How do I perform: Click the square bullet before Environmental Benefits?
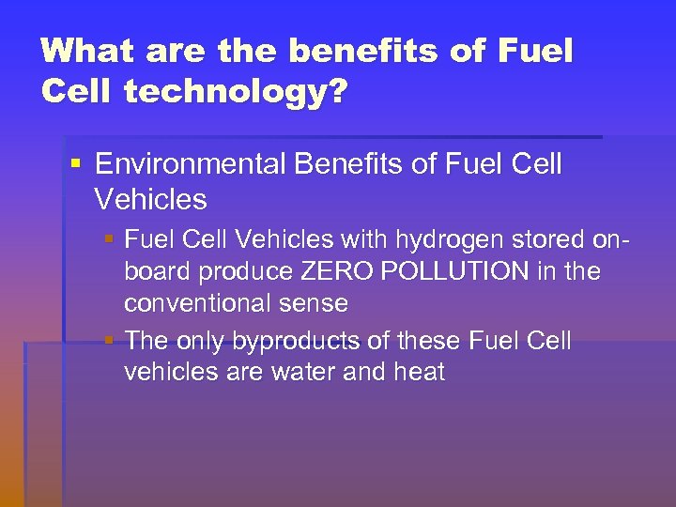click(75, 165)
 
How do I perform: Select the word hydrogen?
click(432, 240)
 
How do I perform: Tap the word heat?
click(418, 372)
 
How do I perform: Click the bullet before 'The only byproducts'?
click(111, 340)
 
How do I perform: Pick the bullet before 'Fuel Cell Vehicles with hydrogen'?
click(111, 240)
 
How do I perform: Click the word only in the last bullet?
click(199, 340)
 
